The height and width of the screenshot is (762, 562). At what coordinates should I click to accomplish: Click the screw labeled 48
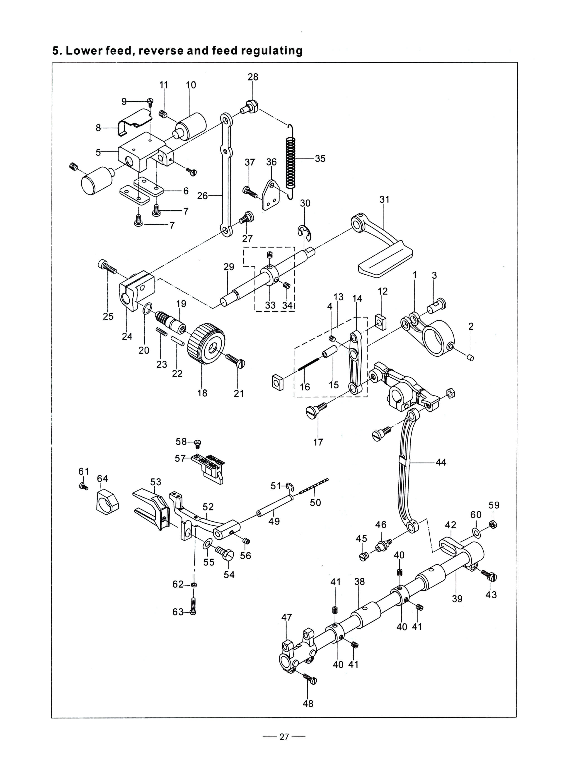coord(310,678)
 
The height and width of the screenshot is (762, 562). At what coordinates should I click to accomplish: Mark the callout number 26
coord(202,196)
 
